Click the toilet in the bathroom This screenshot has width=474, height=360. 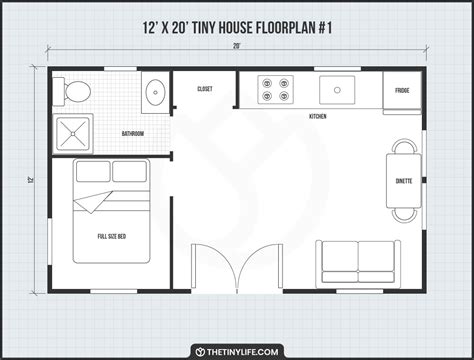click(73, 91)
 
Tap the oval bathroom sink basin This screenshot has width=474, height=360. click(155, 92)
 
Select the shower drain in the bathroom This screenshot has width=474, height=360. click(73, 134)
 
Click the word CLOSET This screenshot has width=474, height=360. click(205, 89)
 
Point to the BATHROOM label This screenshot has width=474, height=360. click(133, 134)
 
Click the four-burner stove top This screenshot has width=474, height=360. click(275, 89)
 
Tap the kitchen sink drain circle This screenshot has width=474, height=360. click(337, 90)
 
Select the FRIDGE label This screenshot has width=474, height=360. click(402, 90)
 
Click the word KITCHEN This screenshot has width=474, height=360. click(318, 116)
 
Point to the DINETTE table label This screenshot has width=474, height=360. click(404, 181)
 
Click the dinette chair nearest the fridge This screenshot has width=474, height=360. click(404, 146)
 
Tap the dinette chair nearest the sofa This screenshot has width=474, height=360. click(404, 215)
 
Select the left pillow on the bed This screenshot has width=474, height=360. click(93, 171)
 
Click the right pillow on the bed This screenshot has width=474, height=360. click(129, 171)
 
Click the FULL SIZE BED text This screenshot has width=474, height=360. click(112, 236)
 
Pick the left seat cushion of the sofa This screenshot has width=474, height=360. click(340, 257)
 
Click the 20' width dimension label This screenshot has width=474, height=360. click(237, 46)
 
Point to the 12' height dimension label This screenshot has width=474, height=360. click(31, 181)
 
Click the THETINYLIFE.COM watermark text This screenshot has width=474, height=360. click(242, 352)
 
